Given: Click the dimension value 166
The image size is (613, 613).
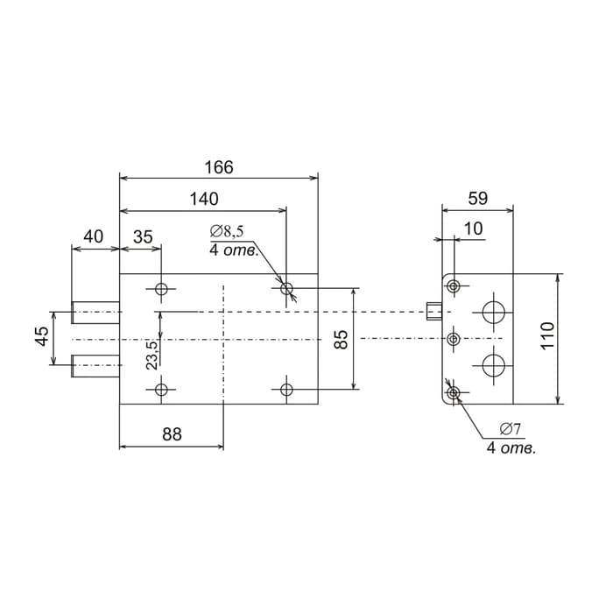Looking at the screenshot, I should [x=219, y=167].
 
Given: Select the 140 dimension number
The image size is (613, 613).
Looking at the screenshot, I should [x=203, y=199].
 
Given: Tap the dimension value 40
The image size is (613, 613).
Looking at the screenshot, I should [x=93, y=236].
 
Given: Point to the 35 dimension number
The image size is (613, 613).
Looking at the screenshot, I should [x=143, y=236].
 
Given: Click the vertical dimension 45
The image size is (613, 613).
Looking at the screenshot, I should [x=42, y=337].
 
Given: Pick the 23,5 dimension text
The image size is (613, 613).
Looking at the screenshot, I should [x=151, y=356].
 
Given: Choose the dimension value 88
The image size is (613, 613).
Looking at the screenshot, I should [x=172, y=434].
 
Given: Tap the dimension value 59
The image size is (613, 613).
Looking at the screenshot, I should [x=477, y=198].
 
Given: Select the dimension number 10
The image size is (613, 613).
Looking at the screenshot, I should [x=473, y=228].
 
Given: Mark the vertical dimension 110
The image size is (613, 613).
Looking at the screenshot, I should [x=547, y=337].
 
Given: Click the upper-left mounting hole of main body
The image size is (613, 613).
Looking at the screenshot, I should [x=161, y=289].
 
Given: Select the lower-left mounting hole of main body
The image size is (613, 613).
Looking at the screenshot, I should [x=161, y=389].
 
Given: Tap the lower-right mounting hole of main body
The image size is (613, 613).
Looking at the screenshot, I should [x=286, y=389].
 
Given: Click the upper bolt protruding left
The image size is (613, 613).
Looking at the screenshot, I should [x=95, y=311].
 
